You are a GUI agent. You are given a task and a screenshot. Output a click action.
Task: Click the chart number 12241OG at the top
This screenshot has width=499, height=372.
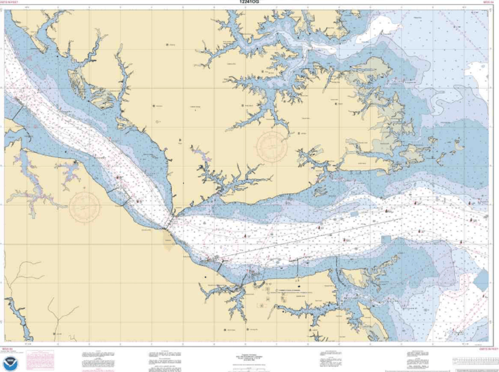tap(249, 2)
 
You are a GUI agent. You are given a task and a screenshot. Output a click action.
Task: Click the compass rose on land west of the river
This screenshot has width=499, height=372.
tap(84, 206)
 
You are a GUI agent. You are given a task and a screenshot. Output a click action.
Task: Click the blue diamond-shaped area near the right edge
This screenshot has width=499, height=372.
tap(481, 280)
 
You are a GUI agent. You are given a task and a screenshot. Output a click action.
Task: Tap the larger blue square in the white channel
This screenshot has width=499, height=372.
tap(386, 239)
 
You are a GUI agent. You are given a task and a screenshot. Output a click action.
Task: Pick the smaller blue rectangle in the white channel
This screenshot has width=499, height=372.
tap(354, 214)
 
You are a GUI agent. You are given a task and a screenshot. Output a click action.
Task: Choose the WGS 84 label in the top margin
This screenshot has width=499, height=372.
tap(489, 3)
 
